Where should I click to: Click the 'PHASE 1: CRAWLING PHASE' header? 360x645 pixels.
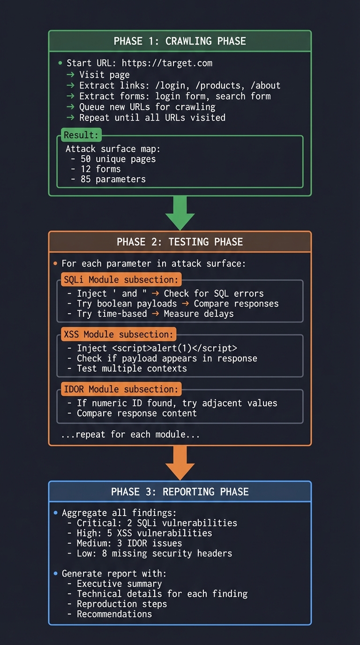[x=180, y=41]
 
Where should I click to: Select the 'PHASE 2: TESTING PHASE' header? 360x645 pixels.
[x=180, y=242]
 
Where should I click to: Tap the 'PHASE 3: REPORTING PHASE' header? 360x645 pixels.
[x=180, y=492]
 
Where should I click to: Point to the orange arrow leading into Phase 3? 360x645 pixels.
[x=180, y=462]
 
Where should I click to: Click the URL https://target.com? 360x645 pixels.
[x=167, y=63]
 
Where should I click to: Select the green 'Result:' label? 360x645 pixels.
[x=82, y=135]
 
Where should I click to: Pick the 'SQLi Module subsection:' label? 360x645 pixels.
[x=121, y=280]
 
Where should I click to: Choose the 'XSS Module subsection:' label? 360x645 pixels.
[x=118, y=335]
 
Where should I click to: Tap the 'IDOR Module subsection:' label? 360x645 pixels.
[x=121, y=390]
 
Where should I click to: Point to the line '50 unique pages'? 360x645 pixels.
[x=118, y=159]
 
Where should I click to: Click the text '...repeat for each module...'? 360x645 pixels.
[x=130, y=435]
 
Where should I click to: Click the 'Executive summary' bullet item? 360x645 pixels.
[x=119, y=584]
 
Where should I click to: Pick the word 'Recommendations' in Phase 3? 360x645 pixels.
[x=114, y=614]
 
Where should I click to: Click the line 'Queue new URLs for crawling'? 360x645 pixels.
[x=147, y=107]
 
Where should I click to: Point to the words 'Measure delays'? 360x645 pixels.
[x=199, y=314]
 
